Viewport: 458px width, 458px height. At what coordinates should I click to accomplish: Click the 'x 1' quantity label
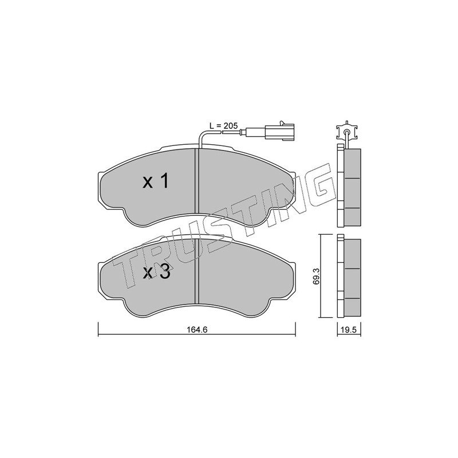click(x=156, y=181)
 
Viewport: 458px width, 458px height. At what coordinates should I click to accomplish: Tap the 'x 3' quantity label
click(x=156, y=273)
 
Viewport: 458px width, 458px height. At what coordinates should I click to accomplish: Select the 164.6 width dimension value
click(x=197, y=330)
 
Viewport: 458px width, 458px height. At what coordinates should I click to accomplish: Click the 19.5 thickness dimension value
click(x=349, y=330)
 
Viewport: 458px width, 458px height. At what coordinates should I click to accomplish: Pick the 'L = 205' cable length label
click(x=224, y=126)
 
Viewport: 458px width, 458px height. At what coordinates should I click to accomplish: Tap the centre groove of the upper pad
click(x=196, y=181)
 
